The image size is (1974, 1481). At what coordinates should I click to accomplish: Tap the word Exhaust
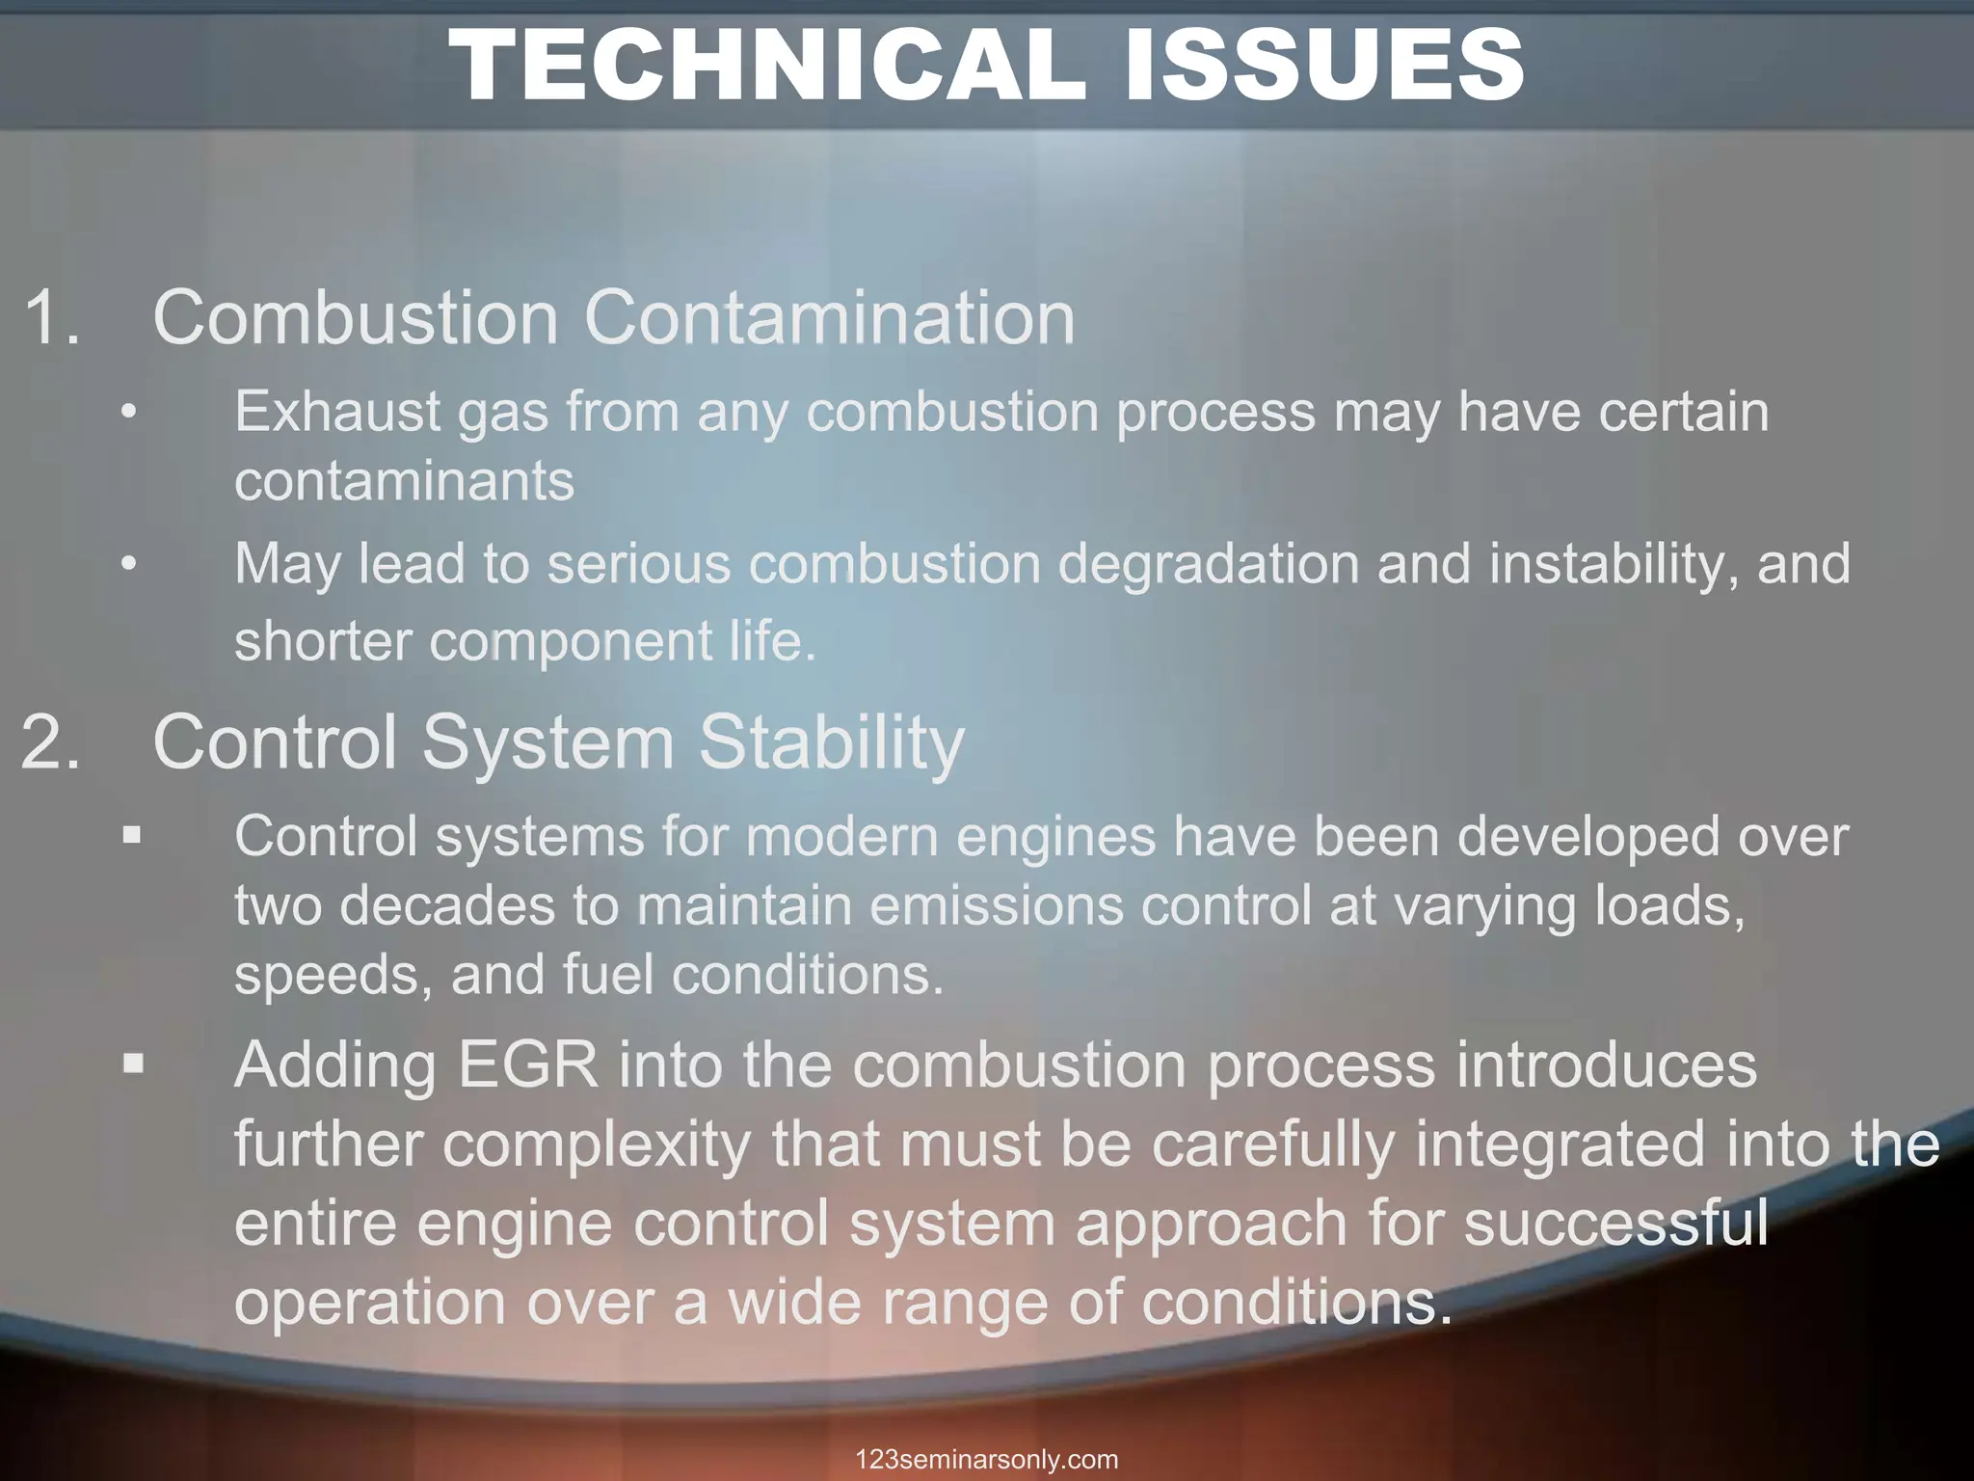click(x=336, y=412)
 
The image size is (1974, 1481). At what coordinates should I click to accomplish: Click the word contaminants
click(x=404, y=480)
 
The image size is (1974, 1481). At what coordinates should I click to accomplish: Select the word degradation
click(x=1209, y=563)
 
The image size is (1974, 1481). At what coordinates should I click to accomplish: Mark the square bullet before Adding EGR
click(x=133, y=1064)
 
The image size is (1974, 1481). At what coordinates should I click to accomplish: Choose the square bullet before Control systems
click(x=132, y=835)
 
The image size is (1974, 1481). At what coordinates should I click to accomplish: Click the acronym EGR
click(x=528, y=1065)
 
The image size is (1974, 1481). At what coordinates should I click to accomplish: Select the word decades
click(x=447, y=906)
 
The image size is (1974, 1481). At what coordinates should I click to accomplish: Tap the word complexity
click(x=597, y=1145)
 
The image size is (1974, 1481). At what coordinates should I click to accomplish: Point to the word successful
click(x=1616, y=1224)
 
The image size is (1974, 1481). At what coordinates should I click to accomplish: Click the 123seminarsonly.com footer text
click(x=987, y=1460)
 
